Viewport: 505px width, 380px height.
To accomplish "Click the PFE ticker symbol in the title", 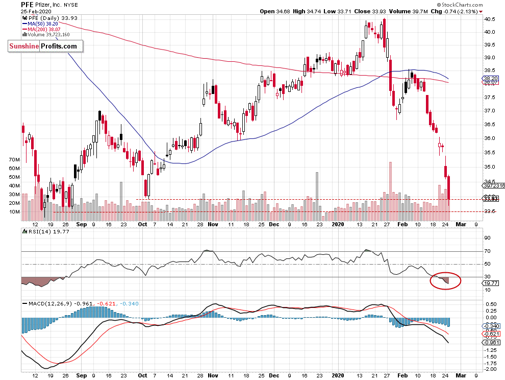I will point(28,4).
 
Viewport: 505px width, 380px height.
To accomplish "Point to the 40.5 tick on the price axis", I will point(490,19).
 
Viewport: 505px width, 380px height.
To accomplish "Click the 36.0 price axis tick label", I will point(490,138).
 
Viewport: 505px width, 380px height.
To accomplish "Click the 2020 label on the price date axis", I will point(338,224).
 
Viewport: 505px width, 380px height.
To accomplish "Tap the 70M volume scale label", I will point(14,160).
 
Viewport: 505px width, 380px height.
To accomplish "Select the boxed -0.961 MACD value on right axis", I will point(491,343).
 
